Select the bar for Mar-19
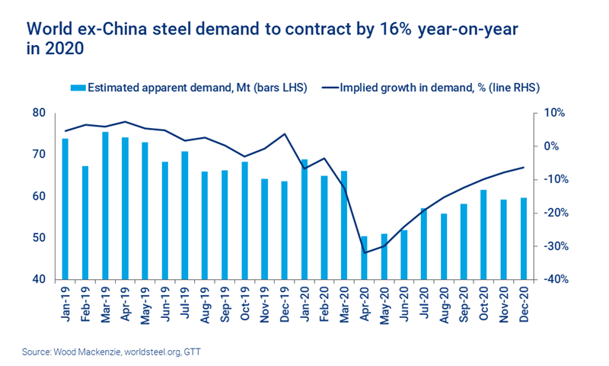click(x=105, y=205)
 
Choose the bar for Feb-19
click(x=85, y=222)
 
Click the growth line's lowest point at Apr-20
click(x=365, y=252)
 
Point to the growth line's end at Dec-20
click(x=523, y=168)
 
